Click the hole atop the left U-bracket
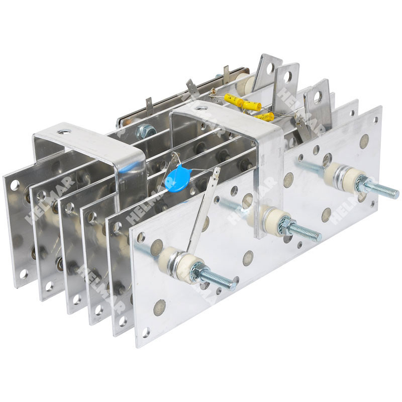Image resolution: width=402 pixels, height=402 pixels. pos(64,132)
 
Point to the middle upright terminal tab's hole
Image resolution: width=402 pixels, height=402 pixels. pos(288,76)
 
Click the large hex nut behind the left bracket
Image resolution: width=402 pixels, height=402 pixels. pos(145,131)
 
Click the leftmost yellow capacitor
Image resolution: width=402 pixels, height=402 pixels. pos(234,99)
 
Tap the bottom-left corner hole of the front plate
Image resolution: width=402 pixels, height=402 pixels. pos(145,332)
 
